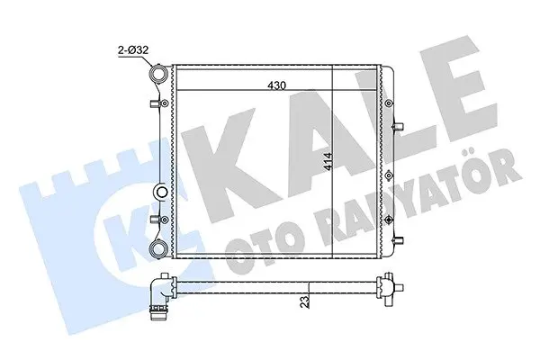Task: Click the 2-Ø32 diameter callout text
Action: (133, 50)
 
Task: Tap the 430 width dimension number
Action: (277, 85)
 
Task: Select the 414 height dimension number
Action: (328, 161)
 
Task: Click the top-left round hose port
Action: (159, 74)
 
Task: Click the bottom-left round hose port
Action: (159, 248)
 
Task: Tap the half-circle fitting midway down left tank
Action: (160, 192)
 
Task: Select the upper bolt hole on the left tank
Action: (165, 103)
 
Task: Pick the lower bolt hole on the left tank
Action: (165, 219)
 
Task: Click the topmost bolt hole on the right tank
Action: (389, 103)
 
